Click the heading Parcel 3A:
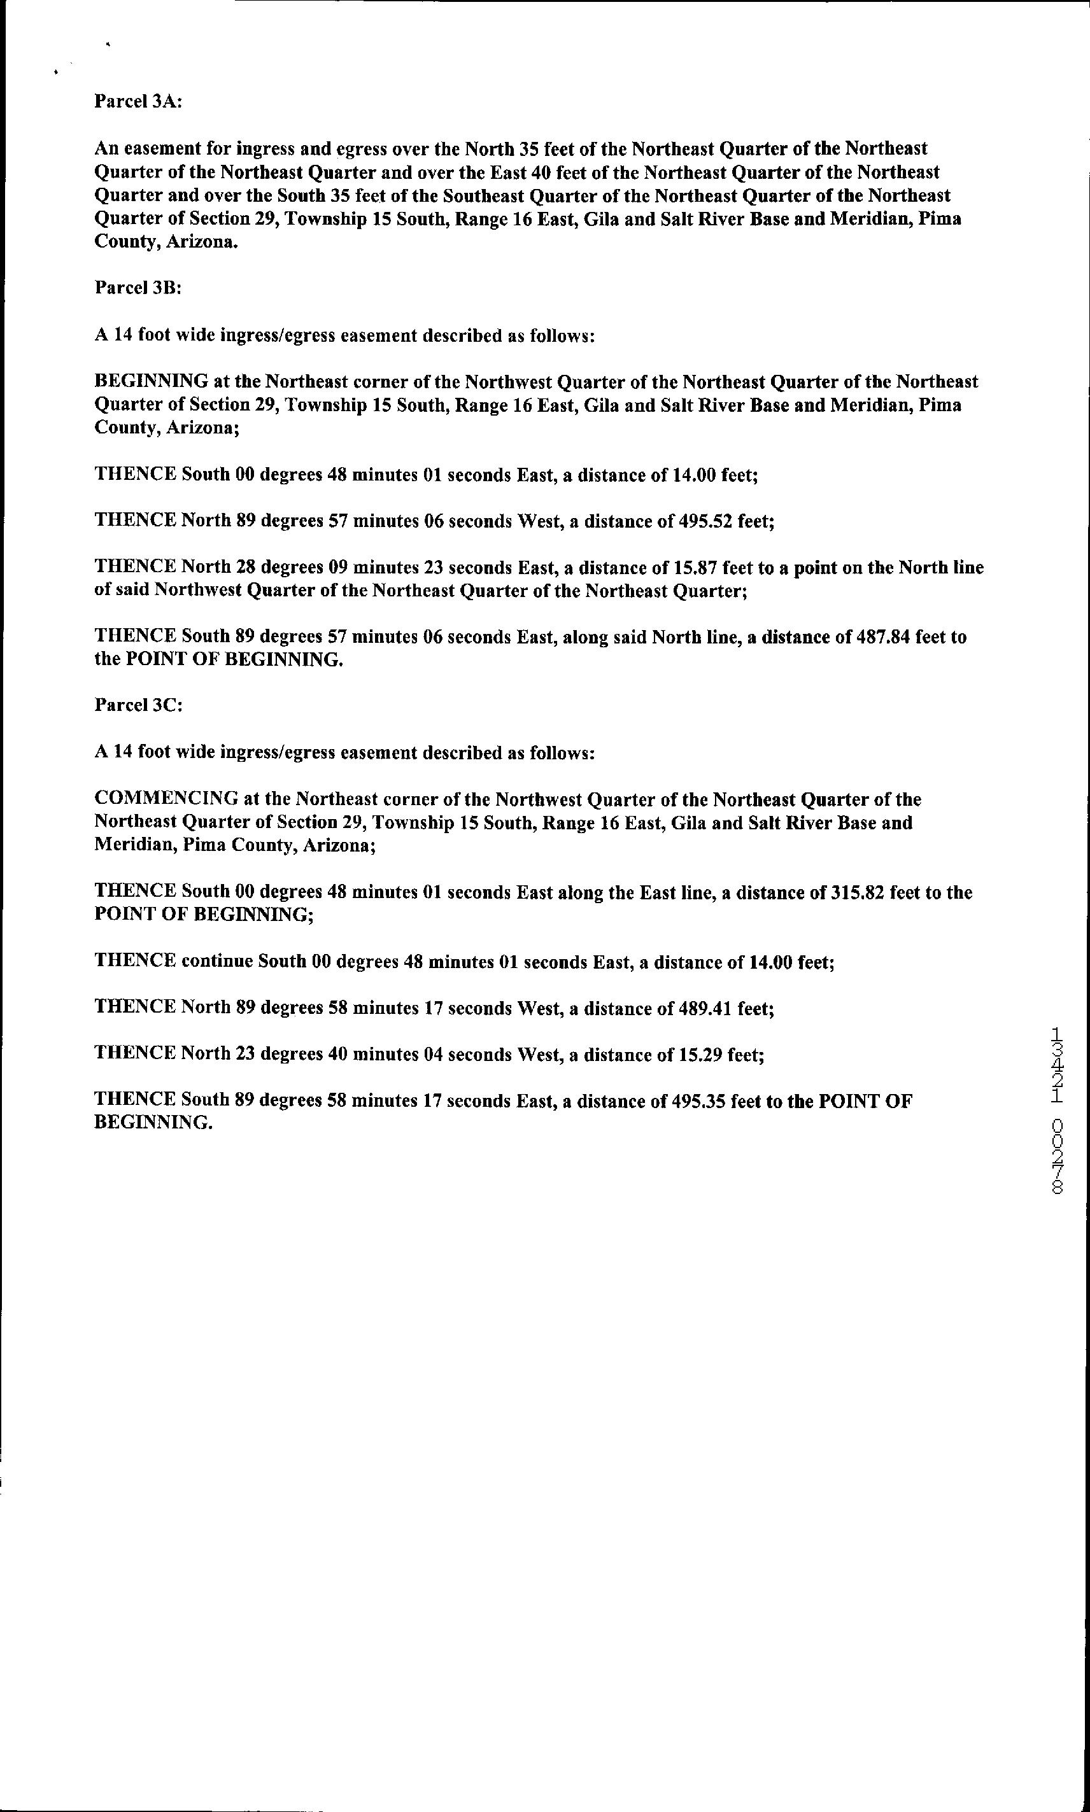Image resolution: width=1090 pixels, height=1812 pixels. pyautogui.click(x=138, y=101)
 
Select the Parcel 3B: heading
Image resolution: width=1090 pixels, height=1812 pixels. pyautogui.click(x=138, y=288)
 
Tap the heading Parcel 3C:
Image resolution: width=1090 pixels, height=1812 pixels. pyautogui.click(x=138, y=706)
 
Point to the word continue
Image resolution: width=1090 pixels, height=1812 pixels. pyautogui.click(x=216, y=962)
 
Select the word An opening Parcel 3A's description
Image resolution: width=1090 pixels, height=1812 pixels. pyautogui.click(x=106, y=149)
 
